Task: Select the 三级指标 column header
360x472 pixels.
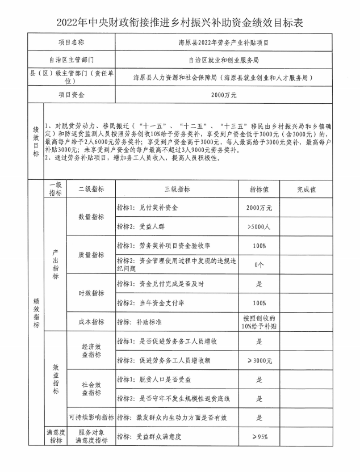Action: click(177, 189)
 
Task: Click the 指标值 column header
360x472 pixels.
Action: click(259, 189)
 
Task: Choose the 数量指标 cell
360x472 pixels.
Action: click(91, 217)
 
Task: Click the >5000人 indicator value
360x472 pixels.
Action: click(259, 227)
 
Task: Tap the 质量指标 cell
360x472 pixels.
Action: click(91, 255)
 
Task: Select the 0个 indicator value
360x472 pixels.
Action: click(259, 265)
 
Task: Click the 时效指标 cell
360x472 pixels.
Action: click(91, 293)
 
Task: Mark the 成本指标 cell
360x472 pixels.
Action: click(91, 322)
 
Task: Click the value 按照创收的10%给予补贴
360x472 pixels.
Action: click(259, 322)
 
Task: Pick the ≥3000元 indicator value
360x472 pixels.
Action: click(259, 360)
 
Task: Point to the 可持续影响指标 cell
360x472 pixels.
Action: click(91, 418)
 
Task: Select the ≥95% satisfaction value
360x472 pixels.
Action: click(259, 437)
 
